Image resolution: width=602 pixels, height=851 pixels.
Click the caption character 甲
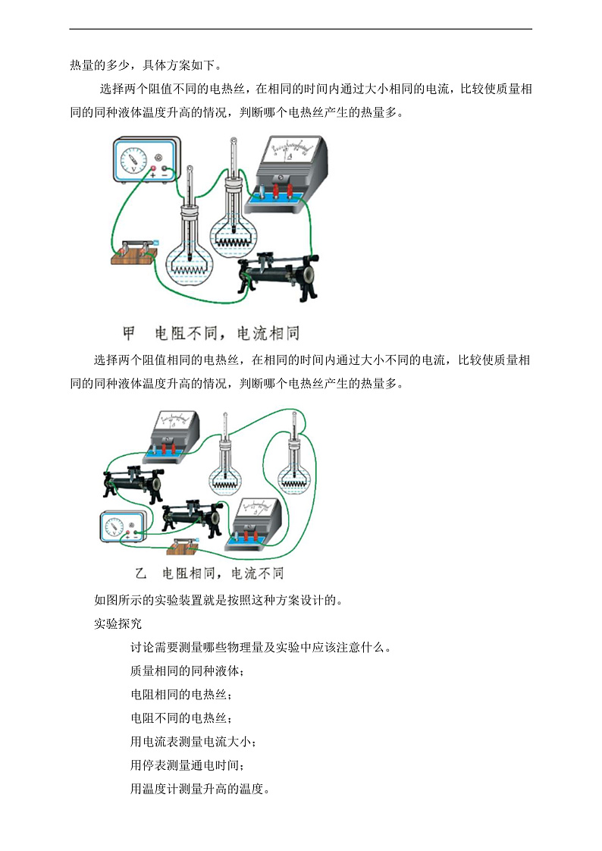pyautogui.click(x=129, y=334)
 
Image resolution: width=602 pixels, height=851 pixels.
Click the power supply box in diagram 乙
pyautogui.click(x=119, y=528)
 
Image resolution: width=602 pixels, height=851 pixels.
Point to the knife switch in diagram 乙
pyautogui.click(x=185, y=545)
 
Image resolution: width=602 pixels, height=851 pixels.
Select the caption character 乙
pyautogui.click(x=140, y=573)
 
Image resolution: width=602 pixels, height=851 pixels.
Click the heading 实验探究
pyautogui.click(x=118, y=623)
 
